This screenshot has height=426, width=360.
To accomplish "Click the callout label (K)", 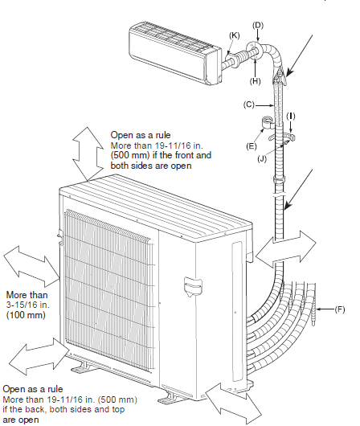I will tap(235, 36).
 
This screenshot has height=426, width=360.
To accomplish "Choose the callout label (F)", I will tap(342, 308).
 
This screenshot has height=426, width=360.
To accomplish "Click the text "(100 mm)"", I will tap(26, 316).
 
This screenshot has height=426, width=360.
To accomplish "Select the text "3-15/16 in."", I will tap(27, 305).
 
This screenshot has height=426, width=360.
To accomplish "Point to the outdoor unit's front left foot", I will tap(84, 367).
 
